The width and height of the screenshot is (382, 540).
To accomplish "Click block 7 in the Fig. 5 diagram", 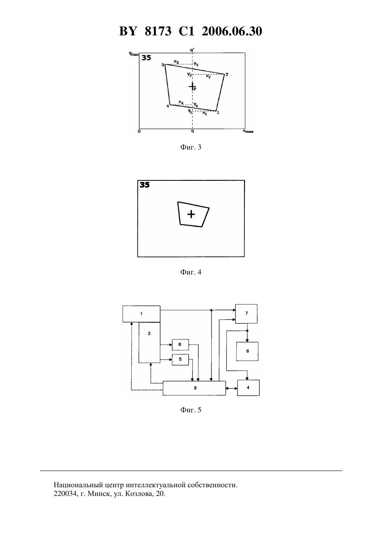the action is (x=246, y=314).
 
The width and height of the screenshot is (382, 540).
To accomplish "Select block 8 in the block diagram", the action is (x=247, y=351).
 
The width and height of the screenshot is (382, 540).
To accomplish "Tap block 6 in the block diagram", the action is (x=180, y=345).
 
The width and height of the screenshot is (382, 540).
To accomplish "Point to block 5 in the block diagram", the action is (x=180, y=360).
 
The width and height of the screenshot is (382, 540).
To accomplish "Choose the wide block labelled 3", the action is (x=194, y=388).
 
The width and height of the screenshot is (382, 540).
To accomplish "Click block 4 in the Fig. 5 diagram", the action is (x=248, y=388).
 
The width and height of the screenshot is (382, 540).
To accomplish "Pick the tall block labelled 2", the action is (x=149, y=342).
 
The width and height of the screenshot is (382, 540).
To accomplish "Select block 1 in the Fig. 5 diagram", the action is (x=141, y=314).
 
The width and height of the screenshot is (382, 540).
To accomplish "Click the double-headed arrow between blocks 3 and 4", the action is (x=232, y=388).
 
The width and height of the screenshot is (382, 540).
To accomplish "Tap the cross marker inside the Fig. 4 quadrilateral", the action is (x=191, y=214).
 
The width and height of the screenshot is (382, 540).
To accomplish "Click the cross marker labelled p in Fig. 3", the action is (x=192, y=86).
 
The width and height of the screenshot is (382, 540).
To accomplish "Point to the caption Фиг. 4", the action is (x=191, y=272).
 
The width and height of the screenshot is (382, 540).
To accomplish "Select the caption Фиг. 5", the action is (x=191, y=410).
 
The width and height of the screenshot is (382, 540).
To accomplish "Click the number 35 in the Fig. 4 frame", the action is (x=145, y=185).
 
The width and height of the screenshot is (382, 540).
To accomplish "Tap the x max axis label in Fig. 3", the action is (x=248, y=131).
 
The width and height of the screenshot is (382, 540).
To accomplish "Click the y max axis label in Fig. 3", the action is (x=134, y=54).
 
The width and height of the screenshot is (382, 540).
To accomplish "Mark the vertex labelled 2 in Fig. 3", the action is (x=224, y=75).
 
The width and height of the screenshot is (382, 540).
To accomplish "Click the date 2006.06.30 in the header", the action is (x=232, y=31).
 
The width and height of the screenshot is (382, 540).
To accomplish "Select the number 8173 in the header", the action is (x=158, y=31).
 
